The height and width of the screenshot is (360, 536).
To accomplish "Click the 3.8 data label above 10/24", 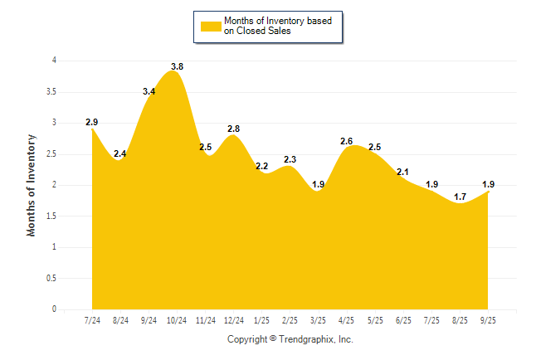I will coord(177,66).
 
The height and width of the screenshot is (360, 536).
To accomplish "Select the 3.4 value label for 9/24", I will coord(149,91).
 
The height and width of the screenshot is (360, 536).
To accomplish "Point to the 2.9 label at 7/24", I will coord(92,122).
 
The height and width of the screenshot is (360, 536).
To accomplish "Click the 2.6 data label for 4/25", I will coord(347,141).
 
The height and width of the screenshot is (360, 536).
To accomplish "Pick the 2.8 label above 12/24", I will coord(233,129).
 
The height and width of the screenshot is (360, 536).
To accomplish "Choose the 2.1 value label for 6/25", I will coord(403,172).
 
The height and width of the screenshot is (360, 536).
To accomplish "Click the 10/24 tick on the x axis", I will coord(177,320).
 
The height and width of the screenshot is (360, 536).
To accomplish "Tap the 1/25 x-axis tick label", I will coord(262,320).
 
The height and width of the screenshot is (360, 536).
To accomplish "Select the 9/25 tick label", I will coord(489,320).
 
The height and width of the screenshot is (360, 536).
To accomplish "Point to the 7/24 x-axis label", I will coord(92,320).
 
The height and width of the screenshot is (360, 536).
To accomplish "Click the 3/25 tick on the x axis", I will coord(319,320).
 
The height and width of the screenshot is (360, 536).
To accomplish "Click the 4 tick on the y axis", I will coord(53,61).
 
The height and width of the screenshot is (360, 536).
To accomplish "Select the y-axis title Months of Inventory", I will coord(32,185).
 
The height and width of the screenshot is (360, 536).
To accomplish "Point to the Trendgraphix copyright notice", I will coord(290,339).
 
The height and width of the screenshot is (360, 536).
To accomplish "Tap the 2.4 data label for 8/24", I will coord(120,153).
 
